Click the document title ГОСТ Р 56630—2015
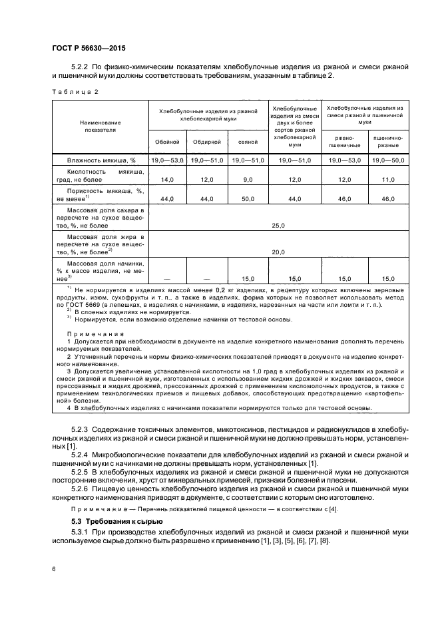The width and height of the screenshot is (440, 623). point(89,49)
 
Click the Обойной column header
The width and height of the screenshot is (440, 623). point(166,142)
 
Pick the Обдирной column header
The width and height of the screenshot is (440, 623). point(207,142)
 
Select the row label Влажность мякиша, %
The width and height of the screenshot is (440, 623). point(101,160)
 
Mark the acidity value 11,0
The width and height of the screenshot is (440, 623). point(388,180)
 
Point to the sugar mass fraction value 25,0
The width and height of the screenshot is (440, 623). point(278,226)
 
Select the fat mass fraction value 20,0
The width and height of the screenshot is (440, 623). point(278,252)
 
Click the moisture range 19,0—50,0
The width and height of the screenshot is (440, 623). point(388,160)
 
